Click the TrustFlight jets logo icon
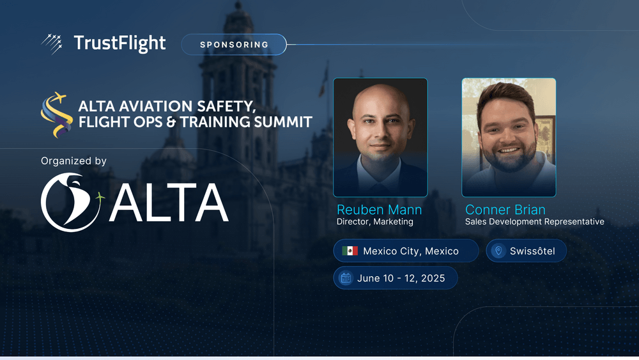point(52,44)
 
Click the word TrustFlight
point(120,43)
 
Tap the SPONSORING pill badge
point(234,44)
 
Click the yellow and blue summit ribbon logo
point(57,114)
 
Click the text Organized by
point(73,161)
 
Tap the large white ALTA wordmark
point(169,203)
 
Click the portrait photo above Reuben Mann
point(380,137)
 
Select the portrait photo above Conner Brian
point(509,137)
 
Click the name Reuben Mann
point(379,210)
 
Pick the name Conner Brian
point(505,210)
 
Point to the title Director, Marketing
point(375,222)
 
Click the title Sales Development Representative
point(535,222)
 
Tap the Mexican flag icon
point(350,251)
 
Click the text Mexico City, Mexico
point(411,251)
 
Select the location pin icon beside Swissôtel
point(498,251)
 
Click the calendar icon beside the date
point(346,278)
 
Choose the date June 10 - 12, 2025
point(401,278)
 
